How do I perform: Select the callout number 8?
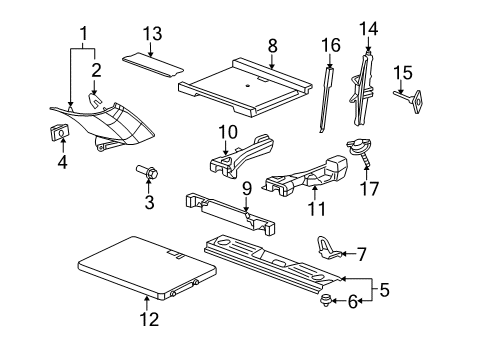click(x=272, y=44)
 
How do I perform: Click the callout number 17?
click(x=367, y=189)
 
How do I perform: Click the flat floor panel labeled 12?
click(x=145, y=269)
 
